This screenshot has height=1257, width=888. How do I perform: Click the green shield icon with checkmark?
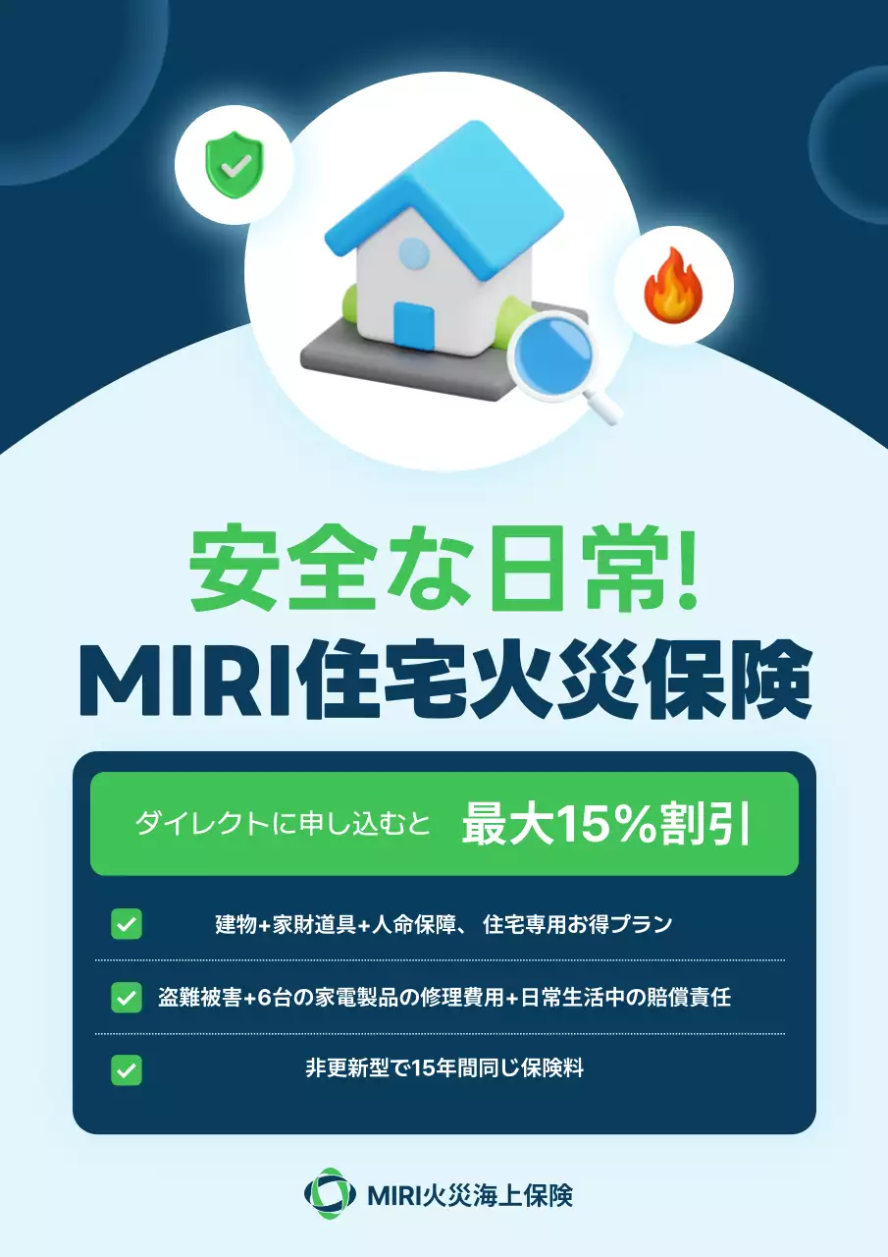[234, 164]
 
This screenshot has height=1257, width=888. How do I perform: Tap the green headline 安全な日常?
[444, 571]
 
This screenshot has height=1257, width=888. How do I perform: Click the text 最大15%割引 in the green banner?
[605, 824]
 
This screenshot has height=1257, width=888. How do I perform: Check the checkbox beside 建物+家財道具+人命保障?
[127, 924]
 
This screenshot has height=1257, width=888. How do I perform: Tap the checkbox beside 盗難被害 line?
[127, 997]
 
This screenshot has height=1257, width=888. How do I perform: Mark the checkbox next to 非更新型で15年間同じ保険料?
[127, 1069]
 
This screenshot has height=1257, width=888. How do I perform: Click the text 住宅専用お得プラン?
[577, 924]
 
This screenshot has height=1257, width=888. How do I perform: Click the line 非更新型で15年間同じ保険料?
[444, 1069]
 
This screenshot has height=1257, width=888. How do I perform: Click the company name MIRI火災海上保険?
[469, 1195]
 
